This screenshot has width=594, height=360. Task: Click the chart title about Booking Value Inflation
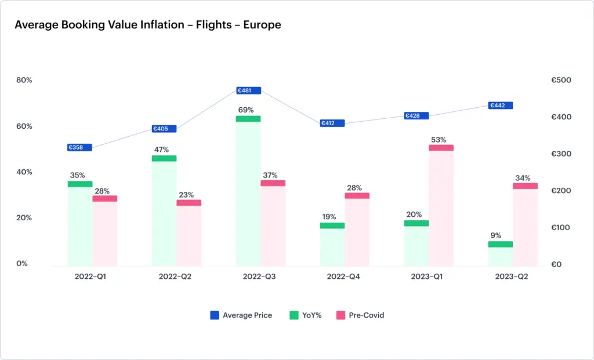coord(147,25)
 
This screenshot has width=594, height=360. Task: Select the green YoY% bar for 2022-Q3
coord(248,191)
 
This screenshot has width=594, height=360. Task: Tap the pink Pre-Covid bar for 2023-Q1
coord(441,206)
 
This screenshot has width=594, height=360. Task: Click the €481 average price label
coord(248,90)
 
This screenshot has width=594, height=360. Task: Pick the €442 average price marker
coord(501,106)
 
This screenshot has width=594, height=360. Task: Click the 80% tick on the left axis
coord(24,80)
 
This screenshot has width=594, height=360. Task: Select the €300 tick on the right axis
coord(560,154)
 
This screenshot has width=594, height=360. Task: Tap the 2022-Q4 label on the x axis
coord(343,277)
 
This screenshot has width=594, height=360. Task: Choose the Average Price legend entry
coord(241,315)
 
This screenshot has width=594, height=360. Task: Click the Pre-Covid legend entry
coord(360,315)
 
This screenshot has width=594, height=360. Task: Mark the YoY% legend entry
coord(305,315)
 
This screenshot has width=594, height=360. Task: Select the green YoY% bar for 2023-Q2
coord(501,253)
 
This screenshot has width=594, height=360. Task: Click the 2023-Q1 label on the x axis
coord(427,277)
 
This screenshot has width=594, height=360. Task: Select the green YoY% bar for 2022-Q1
coord(80,224)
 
